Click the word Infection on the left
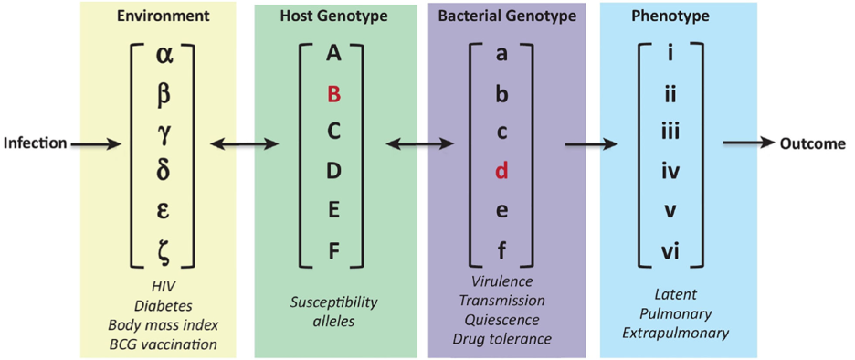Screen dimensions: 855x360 click(35, 144)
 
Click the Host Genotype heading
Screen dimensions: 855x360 click(333, 16)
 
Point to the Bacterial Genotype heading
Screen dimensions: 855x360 click(507, 16)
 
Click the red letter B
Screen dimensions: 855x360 click(334, 95)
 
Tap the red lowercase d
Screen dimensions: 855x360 click(501, 173)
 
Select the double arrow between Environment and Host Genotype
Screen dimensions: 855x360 click(244, 144)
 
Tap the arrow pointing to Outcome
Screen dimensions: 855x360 click(749, 144)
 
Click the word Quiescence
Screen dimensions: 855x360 click(501, 319)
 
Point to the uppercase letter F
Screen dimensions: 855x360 click(334, 251)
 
